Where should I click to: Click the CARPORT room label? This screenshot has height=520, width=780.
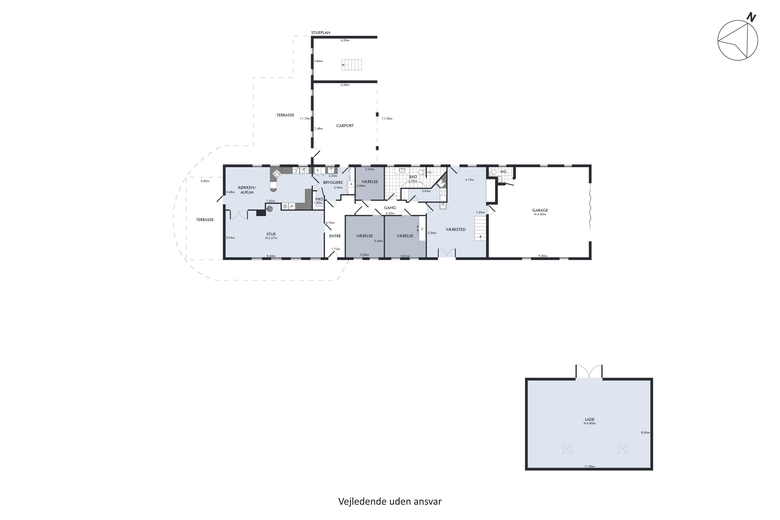(x=345, y=126)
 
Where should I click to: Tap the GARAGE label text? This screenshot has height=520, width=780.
(x=540, y=210)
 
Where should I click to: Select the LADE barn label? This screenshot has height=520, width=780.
(x=590, y=420)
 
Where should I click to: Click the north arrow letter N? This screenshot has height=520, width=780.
(x=751, y=17)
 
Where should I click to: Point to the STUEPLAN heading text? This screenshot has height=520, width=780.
(x=321, y=33)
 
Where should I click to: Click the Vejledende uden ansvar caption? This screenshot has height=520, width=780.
(x=390, y=502)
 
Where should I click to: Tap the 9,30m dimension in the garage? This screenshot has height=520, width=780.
(x=543, y=256)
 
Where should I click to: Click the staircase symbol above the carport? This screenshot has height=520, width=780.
(x=352, y=65)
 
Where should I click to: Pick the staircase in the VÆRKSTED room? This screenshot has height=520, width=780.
(x=480, y=229)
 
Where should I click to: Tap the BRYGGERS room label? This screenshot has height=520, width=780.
(x=333, y=183)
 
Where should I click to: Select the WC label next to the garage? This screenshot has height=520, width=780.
(x=503, y=172)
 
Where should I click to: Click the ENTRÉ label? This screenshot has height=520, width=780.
(x=335, y=236)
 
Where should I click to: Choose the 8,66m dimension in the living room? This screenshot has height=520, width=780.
(x=271, y=256)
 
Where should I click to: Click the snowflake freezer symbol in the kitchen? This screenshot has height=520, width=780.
(x=285, y=206)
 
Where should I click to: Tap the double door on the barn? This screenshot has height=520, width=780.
(x=589, y=372)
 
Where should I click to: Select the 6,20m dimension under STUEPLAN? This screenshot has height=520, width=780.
(x=345, y=41)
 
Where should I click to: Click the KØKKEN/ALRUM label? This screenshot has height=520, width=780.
(x=247, y=190)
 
